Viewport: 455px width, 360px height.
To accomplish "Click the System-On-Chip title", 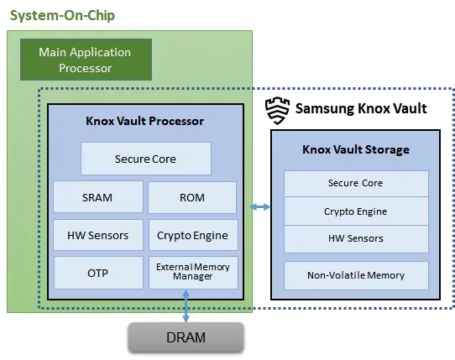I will pyautogui.click(x=62, y=16).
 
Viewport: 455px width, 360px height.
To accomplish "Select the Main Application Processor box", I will pyautogui.click(x=86, y=60).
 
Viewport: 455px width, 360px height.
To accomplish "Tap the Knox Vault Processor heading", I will pyautogui.click(x=144, y=121).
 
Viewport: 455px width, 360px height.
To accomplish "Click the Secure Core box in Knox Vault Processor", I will pyautogui.click(x=145, y=159).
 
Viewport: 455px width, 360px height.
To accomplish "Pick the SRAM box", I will pyautogui.click(x=97, y=197).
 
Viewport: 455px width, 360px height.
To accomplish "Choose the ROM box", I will pyautogui.click(x=192, y=197).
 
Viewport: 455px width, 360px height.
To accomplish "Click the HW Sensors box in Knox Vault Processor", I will pyautogui.click(x=97, y=235).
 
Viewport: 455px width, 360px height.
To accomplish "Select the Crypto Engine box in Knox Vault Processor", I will pyautogui.click(x=192, y=235).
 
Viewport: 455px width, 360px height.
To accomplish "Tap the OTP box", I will pyautogui.click(x=97, y=274).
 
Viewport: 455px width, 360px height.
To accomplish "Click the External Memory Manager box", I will pyautogui.click(x=192, y=273).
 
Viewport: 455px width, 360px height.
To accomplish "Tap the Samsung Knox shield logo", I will pyautogui.click(x=277, y=109).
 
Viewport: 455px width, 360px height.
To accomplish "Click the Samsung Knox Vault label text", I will pyautogui.click(x=361, y=109).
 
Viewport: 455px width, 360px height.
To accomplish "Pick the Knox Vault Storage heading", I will pyautogui.click(x=355, y=149).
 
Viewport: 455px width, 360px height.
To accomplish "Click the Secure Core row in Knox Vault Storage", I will pyautogui.click(x=355, y=183).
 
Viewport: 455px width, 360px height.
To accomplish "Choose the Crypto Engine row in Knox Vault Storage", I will pyautogui.click(x=355, y=211).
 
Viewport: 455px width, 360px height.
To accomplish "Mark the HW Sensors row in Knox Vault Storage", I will pyautogui.click(x=355, y=239).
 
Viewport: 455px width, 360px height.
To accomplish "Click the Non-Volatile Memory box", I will pyautogui.click(x=355, y=275).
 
